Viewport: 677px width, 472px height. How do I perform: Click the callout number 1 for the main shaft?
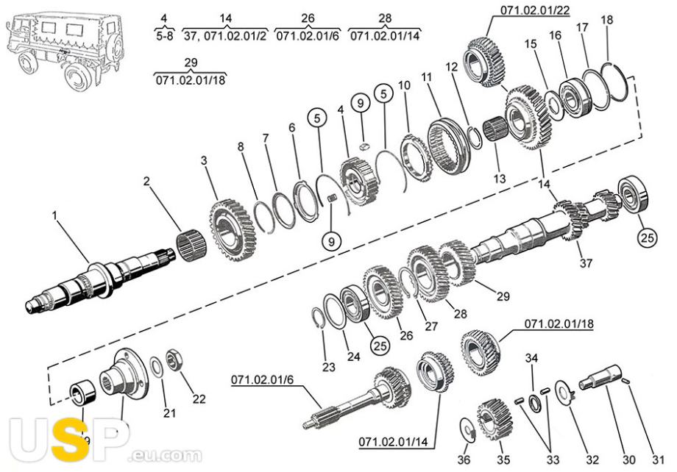click(55, 215)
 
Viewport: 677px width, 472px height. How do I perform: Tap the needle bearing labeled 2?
click(192, 248)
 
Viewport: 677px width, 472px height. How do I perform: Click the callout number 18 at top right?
click(606, 20)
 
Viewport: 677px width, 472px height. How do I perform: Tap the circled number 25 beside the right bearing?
click(648, 237)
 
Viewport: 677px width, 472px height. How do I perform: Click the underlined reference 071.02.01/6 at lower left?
click(262, 379)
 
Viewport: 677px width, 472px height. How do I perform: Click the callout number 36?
click(464, 460)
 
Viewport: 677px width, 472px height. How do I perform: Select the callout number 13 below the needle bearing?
click(500, 178)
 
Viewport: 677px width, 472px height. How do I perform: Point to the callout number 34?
click(531, 358)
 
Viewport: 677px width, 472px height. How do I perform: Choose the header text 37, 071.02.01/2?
click(225, 35)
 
